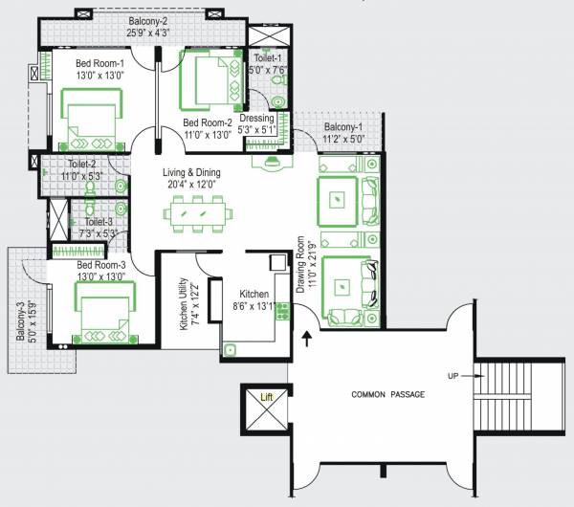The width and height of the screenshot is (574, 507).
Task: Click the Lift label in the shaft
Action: pyautogui.click(x=267, y=396)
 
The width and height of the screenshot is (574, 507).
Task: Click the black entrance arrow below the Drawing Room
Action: pyautogui.click(x=307, y=338)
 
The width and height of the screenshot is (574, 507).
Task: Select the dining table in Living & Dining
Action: pyautogui.click(x=200, y=212)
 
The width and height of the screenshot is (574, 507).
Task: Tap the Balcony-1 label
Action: pyautogui.click(x=342, y=126)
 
